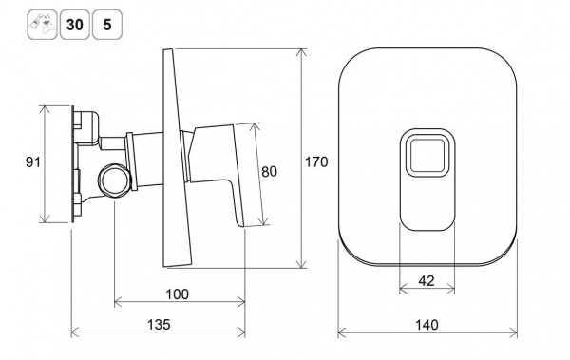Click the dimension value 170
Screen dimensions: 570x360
[316, 161]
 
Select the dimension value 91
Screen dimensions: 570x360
[33, 161]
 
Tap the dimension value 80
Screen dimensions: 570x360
[270, 172]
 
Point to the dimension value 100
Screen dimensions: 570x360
[178, 294]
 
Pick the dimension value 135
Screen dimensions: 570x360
[159, 324]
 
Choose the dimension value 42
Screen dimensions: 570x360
[427, 281]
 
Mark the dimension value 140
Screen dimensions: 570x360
[427, 324]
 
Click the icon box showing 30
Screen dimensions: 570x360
[74, 25]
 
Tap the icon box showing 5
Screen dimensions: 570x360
[107, 25]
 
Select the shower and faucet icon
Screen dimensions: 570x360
[42, 25]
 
